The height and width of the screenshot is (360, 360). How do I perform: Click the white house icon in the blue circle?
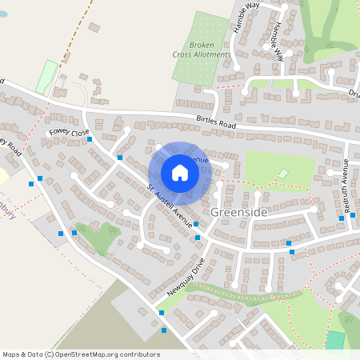coord(180,173)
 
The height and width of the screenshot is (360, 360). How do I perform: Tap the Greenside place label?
coord(239,212)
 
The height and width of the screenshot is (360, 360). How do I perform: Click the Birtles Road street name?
coord(217,123)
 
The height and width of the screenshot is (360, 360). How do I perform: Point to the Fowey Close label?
coord(70,132)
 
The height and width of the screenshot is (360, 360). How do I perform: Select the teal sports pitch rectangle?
coord(335,340)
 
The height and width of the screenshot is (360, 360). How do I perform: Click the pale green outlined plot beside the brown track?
coord(47,77)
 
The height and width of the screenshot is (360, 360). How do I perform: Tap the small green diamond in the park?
coord(282,174)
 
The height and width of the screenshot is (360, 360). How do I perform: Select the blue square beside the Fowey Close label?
coord(90,139)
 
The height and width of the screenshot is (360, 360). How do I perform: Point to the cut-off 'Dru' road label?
coord(353,94)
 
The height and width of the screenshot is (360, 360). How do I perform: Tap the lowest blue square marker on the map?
coord(163,330)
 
